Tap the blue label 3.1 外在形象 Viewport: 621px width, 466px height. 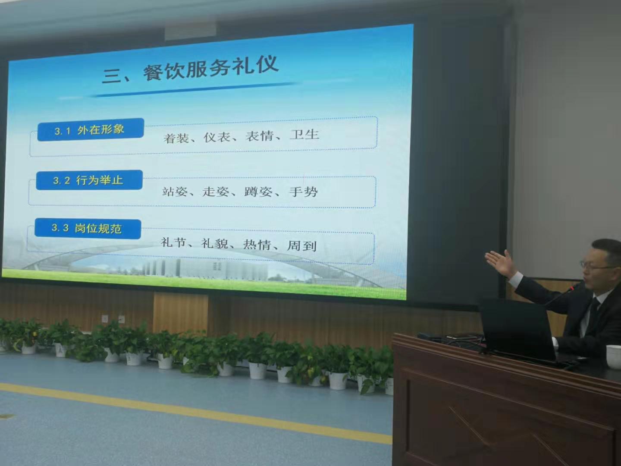click(91, 129)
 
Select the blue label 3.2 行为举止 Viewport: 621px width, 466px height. click(89, 180)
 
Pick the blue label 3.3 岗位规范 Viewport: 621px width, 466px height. click(88, 229)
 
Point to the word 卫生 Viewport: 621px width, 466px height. click(305, 134)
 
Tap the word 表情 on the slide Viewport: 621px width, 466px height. click(259, 136)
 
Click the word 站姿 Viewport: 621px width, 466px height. click(175, 192)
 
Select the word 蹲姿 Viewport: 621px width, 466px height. click(258, 192)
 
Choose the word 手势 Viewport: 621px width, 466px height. click(303, 192)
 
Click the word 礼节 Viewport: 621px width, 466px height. click(173, 242)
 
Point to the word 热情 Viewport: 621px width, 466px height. click(257, 245)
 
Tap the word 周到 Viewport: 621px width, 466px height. click(301, 246)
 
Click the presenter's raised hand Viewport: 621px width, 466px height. click(501, 262)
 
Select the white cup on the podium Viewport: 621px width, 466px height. click(614, 356)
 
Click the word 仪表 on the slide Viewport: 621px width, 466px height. click(217, 137)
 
